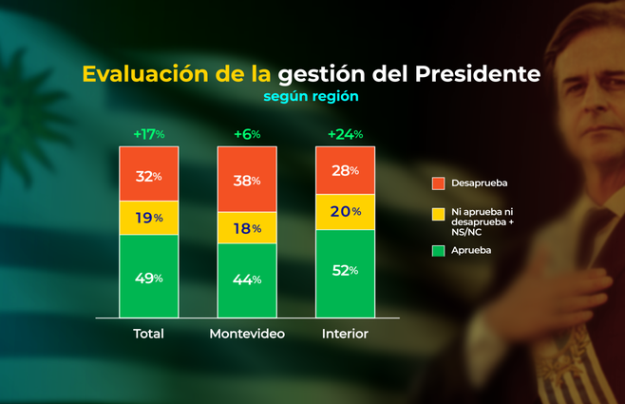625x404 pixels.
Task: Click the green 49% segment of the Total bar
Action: pos(148,279)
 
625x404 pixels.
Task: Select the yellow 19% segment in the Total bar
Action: pos(148,217)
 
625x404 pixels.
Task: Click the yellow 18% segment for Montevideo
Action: pos(247,227)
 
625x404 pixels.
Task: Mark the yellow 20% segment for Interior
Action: pos(345,211)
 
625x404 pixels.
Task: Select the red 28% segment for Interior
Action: pos(345,170)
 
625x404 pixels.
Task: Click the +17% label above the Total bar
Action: pos(148,134)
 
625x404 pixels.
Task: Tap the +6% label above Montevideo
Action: pos(247,134)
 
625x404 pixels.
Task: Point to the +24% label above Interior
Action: pos(345,134)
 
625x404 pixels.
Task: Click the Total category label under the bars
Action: pos(148,334)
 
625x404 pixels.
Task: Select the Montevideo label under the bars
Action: pos(247,334)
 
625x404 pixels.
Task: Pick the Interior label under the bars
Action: pos(345,334)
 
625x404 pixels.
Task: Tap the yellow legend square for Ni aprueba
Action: pos(438,215)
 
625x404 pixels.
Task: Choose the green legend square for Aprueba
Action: pos(438,250)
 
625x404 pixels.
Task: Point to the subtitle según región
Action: pos(312,96)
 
